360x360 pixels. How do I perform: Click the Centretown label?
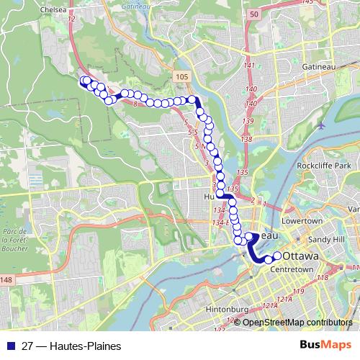pos(293,269)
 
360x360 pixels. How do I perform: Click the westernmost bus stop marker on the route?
pos(84,81)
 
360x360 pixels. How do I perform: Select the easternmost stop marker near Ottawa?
pos(276,256)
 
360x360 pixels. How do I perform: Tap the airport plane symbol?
pos(321,123)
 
